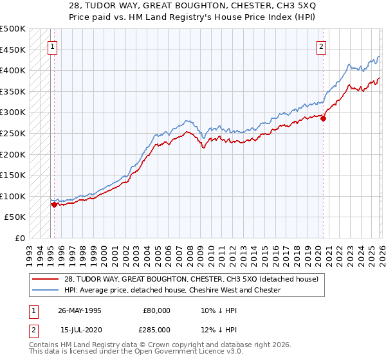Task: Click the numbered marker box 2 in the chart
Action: (320, 46)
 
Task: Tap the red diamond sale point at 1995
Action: (54, 204)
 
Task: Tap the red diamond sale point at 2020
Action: (323, 118)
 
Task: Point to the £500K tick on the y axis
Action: (13, 29)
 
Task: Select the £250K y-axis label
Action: (13, 133)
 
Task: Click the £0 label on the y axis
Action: (20, 238)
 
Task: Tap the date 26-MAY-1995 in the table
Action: (79, 310)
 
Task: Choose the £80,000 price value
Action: (157, 310)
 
